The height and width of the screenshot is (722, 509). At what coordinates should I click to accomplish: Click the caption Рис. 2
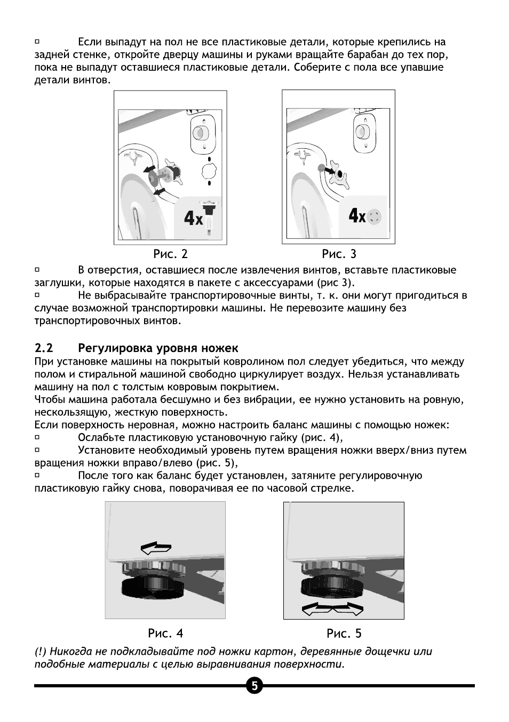[170, 254]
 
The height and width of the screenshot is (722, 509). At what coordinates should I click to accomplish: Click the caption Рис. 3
[339, 254]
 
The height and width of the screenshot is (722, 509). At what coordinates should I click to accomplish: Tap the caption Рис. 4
[165, 633]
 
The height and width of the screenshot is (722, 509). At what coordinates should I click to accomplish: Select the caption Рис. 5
[344, 633]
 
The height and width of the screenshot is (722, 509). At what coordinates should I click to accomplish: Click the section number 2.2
[44, 348]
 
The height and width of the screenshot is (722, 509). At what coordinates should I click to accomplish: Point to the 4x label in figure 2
[194, 218]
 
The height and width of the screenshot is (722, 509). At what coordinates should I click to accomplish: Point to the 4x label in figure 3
[357, 216]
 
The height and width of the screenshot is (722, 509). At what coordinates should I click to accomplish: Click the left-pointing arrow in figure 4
[156, 547]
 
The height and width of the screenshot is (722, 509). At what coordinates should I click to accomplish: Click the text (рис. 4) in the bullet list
[321, 438]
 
